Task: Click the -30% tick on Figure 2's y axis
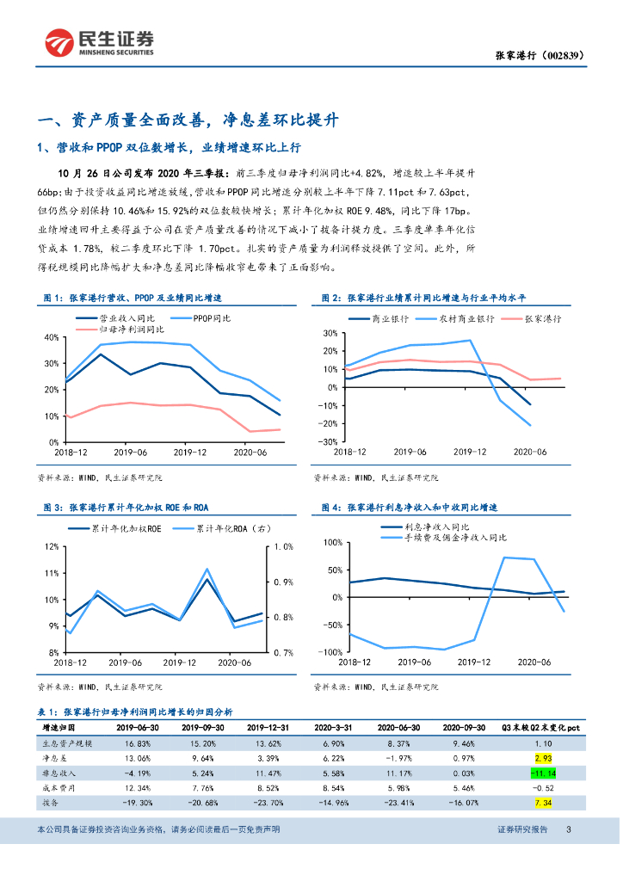coord(327,441)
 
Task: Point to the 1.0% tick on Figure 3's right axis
coord(283,546)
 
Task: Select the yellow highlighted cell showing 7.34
coord(542,802)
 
